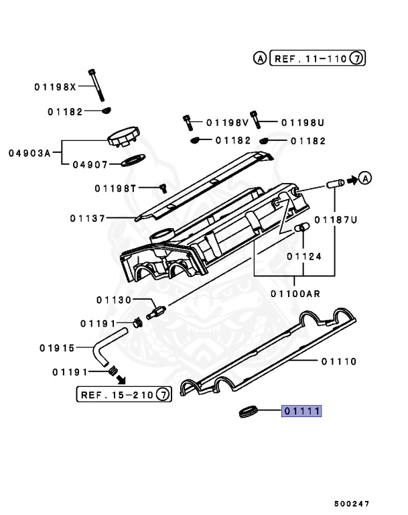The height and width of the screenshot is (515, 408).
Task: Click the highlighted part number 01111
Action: pyautogui.click(x=301, y=411)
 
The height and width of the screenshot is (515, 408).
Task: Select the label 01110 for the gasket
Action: pyautogui.click(x=338, y=361)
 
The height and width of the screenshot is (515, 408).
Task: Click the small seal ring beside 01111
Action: pyautogui.click(x=249, y=411)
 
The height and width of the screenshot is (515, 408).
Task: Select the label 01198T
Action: pyautogui.click(x=115, y=188)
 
